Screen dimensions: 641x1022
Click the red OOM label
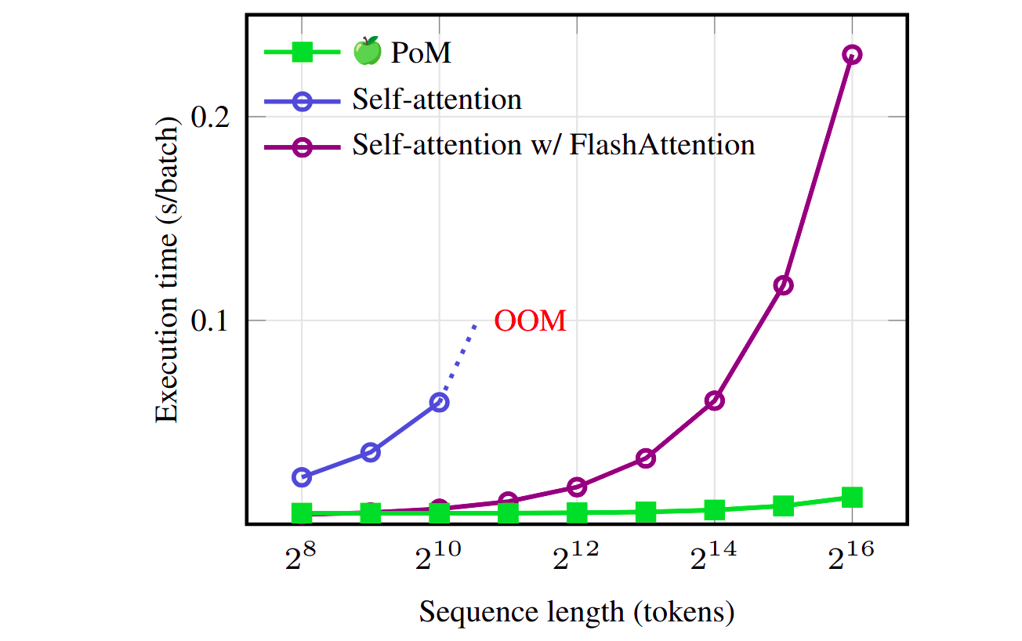pos(530,321)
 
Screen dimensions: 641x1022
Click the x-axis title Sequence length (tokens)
pos(577,611)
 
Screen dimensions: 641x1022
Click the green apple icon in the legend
pos(367,53)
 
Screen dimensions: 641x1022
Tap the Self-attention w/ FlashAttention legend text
pos(553,145)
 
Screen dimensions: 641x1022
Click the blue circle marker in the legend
pos(302,100)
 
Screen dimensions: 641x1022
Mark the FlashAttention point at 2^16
pos(852,55)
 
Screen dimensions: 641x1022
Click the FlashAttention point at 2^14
pos(714,400)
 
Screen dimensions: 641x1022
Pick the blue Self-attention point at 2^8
pos(302,476)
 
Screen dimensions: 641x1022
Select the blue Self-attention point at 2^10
pos(439,402)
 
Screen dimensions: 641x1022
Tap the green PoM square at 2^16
pos(852,497)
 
